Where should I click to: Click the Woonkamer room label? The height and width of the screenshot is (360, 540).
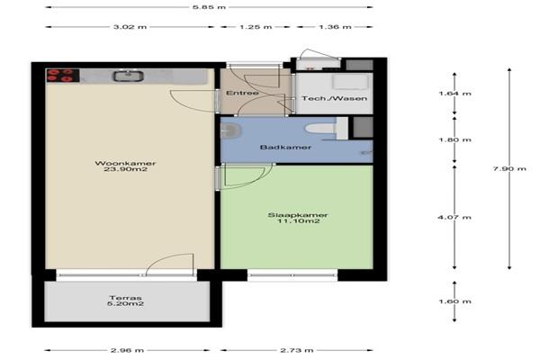[x=125, y=163]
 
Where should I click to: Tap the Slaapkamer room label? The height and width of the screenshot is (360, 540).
[x=298, y=215]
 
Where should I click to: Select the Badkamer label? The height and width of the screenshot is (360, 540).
[x=285, y=147]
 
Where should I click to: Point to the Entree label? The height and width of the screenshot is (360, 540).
[x=242, y=93]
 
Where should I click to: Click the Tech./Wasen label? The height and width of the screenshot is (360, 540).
[x=335, y=98]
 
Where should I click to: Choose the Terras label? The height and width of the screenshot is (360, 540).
[x=126, y=298]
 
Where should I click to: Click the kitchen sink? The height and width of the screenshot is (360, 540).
[x=129, y=76]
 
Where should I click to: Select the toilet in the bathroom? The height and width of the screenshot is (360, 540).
[x=321, y=128]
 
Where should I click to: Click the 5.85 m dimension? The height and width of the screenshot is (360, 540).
[x=209, y=7]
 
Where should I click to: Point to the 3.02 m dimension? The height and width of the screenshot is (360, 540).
[x=130, y=26]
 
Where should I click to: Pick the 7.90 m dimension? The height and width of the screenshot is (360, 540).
[x=509, y=168]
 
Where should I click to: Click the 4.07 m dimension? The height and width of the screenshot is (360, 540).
[x=454, y=217]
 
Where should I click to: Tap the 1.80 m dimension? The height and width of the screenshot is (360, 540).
[x=454, y=139]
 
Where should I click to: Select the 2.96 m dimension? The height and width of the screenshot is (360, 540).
[x=127, y=350]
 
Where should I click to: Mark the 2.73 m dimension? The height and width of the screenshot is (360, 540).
[x=296, y=350]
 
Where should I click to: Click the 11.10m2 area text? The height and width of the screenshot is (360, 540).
[x=298, y=220]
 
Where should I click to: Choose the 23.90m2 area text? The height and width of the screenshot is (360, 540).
[x=125, y=169]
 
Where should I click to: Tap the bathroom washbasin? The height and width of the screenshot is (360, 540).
[x=230, y=130]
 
